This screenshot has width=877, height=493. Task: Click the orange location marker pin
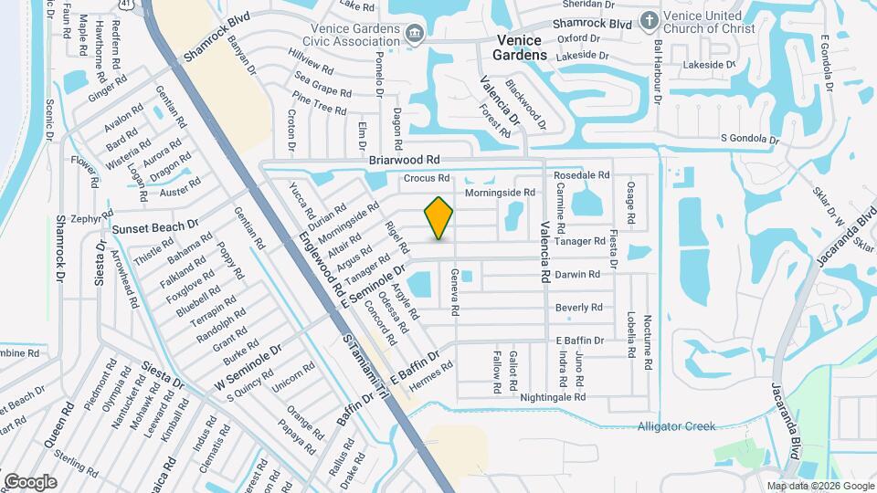point(439,218)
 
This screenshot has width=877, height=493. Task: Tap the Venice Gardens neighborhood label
point(519,47)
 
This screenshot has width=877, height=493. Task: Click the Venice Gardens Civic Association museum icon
point(415,33)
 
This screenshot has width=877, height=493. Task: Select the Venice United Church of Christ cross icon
point(649,20)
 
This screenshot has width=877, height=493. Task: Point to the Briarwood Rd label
point(398,159)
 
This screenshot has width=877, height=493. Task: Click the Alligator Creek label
point(676,426)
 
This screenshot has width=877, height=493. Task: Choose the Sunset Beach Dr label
point(154,226)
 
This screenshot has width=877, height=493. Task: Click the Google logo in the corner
point(30,481)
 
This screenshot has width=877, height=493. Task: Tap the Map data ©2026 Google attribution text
point(820,486)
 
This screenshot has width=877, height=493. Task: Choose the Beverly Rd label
point(578,308)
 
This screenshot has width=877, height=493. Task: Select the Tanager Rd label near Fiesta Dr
point(581,241)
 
